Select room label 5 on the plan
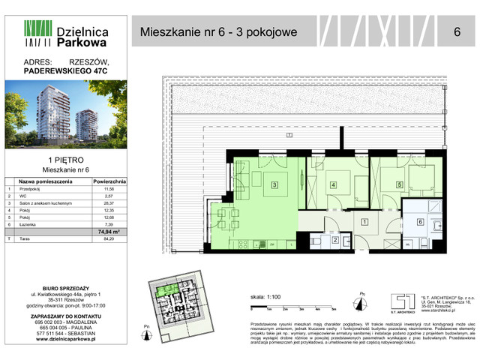coord(400,184)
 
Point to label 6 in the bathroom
coord(420,222)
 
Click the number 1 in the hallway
coord(364,222)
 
